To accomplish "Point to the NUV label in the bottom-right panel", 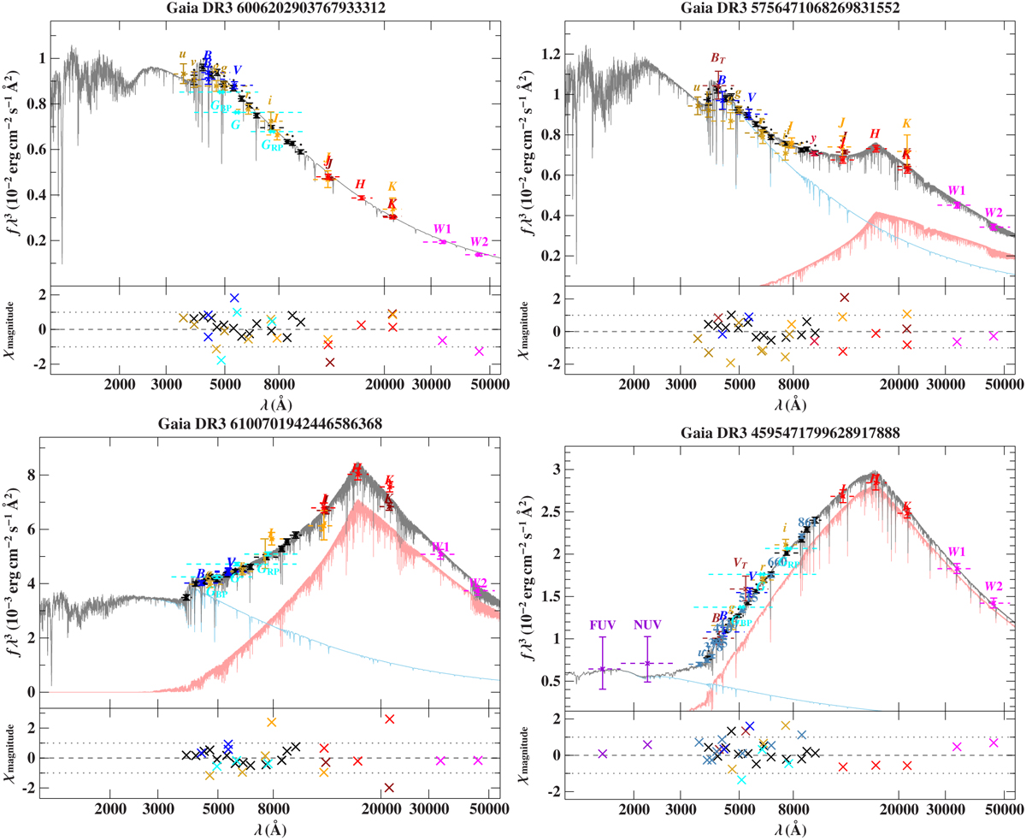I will pyautogui.click(x=647, y=625).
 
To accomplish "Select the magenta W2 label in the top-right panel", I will pyautogui.click(x=993, y=212).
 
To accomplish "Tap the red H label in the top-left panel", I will pyautogui.click(x=360, y=184).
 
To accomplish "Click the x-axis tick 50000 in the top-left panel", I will pyautogui.click(x=483, y=384).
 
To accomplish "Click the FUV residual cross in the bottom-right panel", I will pyautogui.click(x=602, y=754).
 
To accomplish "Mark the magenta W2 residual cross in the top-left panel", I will pyautogui.click(x=479, y=351).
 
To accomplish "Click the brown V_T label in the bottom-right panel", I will pyautogui.click(x=740, y=563).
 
